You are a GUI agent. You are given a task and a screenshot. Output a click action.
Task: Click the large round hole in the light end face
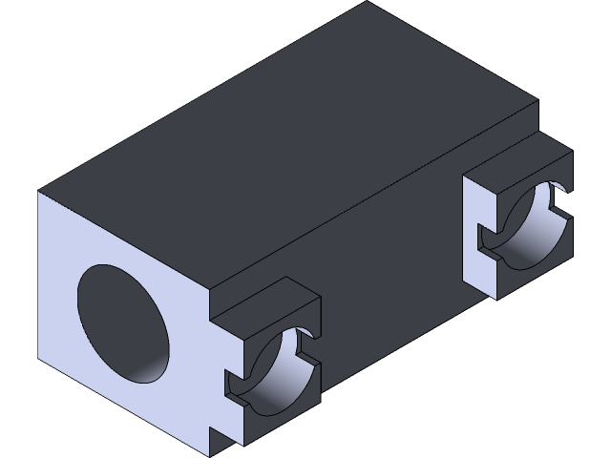124,324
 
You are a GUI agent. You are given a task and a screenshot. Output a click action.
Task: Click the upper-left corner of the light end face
40,193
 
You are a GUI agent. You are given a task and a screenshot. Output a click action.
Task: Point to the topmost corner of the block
367,3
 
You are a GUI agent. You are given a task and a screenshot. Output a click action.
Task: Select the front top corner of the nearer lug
210,316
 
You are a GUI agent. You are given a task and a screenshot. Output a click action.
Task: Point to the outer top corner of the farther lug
572,150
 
